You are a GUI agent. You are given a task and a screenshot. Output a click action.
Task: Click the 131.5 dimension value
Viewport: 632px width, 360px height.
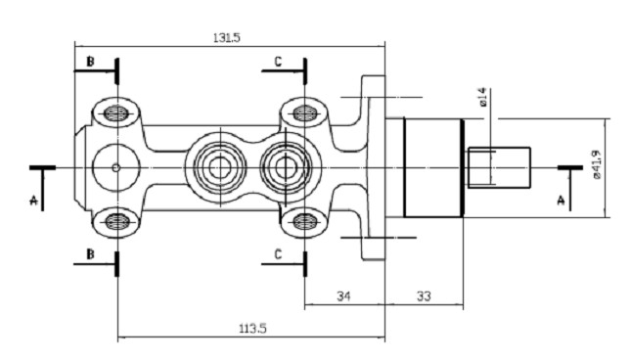tap(227, 38)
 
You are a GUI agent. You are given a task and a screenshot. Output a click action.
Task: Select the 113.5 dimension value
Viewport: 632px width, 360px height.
tap(253, 329)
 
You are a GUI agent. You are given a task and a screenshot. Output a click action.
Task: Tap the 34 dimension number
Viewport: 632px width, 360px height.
tap(343, 296)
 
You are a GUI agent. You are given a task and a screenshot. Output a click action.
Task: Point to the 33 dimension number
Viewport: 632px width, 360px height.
tap(424, 296)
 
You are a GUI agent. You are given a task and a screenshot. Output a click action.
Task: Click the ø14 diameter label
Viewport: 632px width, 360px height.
tap(483, 97)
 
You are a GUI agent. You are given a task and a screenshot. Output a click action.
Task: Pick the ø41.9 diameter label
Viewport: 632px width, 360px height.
tap(597, 164)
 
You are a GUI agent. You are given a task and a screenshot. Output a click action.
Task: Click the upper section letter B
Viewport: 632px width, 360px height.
tap(90, 62)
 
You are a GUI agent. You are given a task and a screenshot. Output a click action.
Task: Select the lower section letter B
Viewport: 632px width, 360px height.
tap(90, 254)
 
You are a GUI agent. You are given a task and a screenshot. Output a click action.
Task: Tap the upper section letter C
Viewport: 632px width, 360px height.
tap(278, 62)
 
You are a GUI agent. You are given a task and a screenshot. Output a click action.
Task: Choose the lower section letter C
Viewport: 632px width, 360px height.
tap(278, 254)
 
